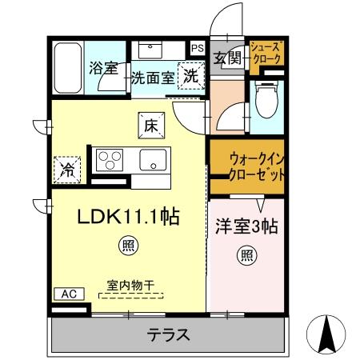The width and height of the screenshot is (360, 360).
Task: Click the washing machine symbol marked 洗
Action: [x=192, y=77]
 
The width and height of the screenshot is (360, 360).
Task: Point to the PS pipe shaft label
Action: [x=198, y=47]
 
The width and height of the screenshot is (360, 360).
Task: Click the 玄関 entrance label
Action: [x=227, y=58]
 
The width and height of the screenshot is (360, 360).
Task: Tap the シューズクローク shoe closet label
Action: [x=265, y=54]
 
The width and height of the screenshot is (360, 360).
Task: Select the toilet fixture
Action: [x=265, y=102]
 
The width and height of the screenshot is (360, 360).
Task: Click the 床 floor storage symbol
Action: [x=152, y=124]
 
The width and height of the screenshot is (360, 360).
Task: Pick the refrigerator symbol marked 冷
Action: [x=69, y=169]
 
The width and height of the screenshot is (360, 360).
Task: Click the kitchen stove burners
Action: [x=107, y=160]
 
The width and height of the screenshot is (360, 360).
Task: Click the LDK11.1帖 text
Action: [x=127, y=217]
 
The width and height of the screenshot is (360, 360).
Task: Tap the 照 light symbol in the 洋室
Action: [x=247, y=257]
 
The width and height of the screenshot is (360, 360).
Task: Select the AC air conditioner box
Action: [x=68, y=294]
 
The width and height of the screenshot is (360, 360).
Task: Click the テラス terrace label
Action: [x=168, y=334]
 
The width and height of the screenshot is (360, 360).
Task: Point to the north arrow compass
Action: [x=327, y=334]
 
